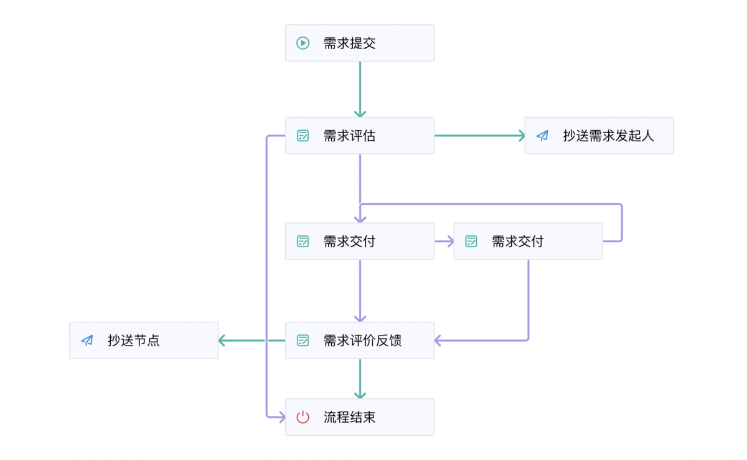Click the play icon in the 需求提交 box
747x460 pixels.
point(303,43)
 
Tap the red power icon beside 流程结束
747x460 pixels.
point(303,417)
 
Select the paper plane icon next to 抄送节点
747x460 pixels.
point(87,340)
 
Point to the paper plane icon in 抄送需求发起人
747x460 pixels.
point(542,136)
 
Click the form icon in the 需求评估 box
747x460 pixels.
point(303,136)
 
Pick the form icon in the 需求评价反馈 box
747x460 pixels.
point(303,340)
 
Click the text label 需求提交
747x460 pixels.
point(349,44)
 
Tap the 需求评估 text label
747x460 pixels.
point(349,136)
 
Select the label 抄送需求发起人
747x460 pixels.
point(609,136)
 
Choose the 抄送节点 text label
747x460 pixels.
point(134,340)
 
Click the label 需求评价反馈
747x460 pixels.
point(362,340)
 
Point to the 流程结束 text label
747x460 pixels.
point(349,417)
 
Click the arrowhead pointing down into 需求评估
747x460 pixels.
point(360,113)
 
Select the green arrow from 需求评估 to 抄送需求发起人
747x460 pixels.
point(480,136)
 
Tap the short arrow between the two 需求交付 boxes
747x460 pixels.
point(444,241)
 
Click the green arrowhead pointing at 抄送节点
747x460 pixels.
point(222,340)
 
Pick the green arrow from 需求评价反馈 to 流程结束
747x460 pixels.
point(360,378)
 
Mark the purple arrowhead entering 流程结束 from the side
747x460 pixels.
point(281,417)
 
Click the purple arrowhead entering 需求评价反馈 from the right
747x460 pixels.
point(438,340)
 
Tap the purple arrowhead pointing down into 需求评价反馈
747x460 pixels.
point(360,318)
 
